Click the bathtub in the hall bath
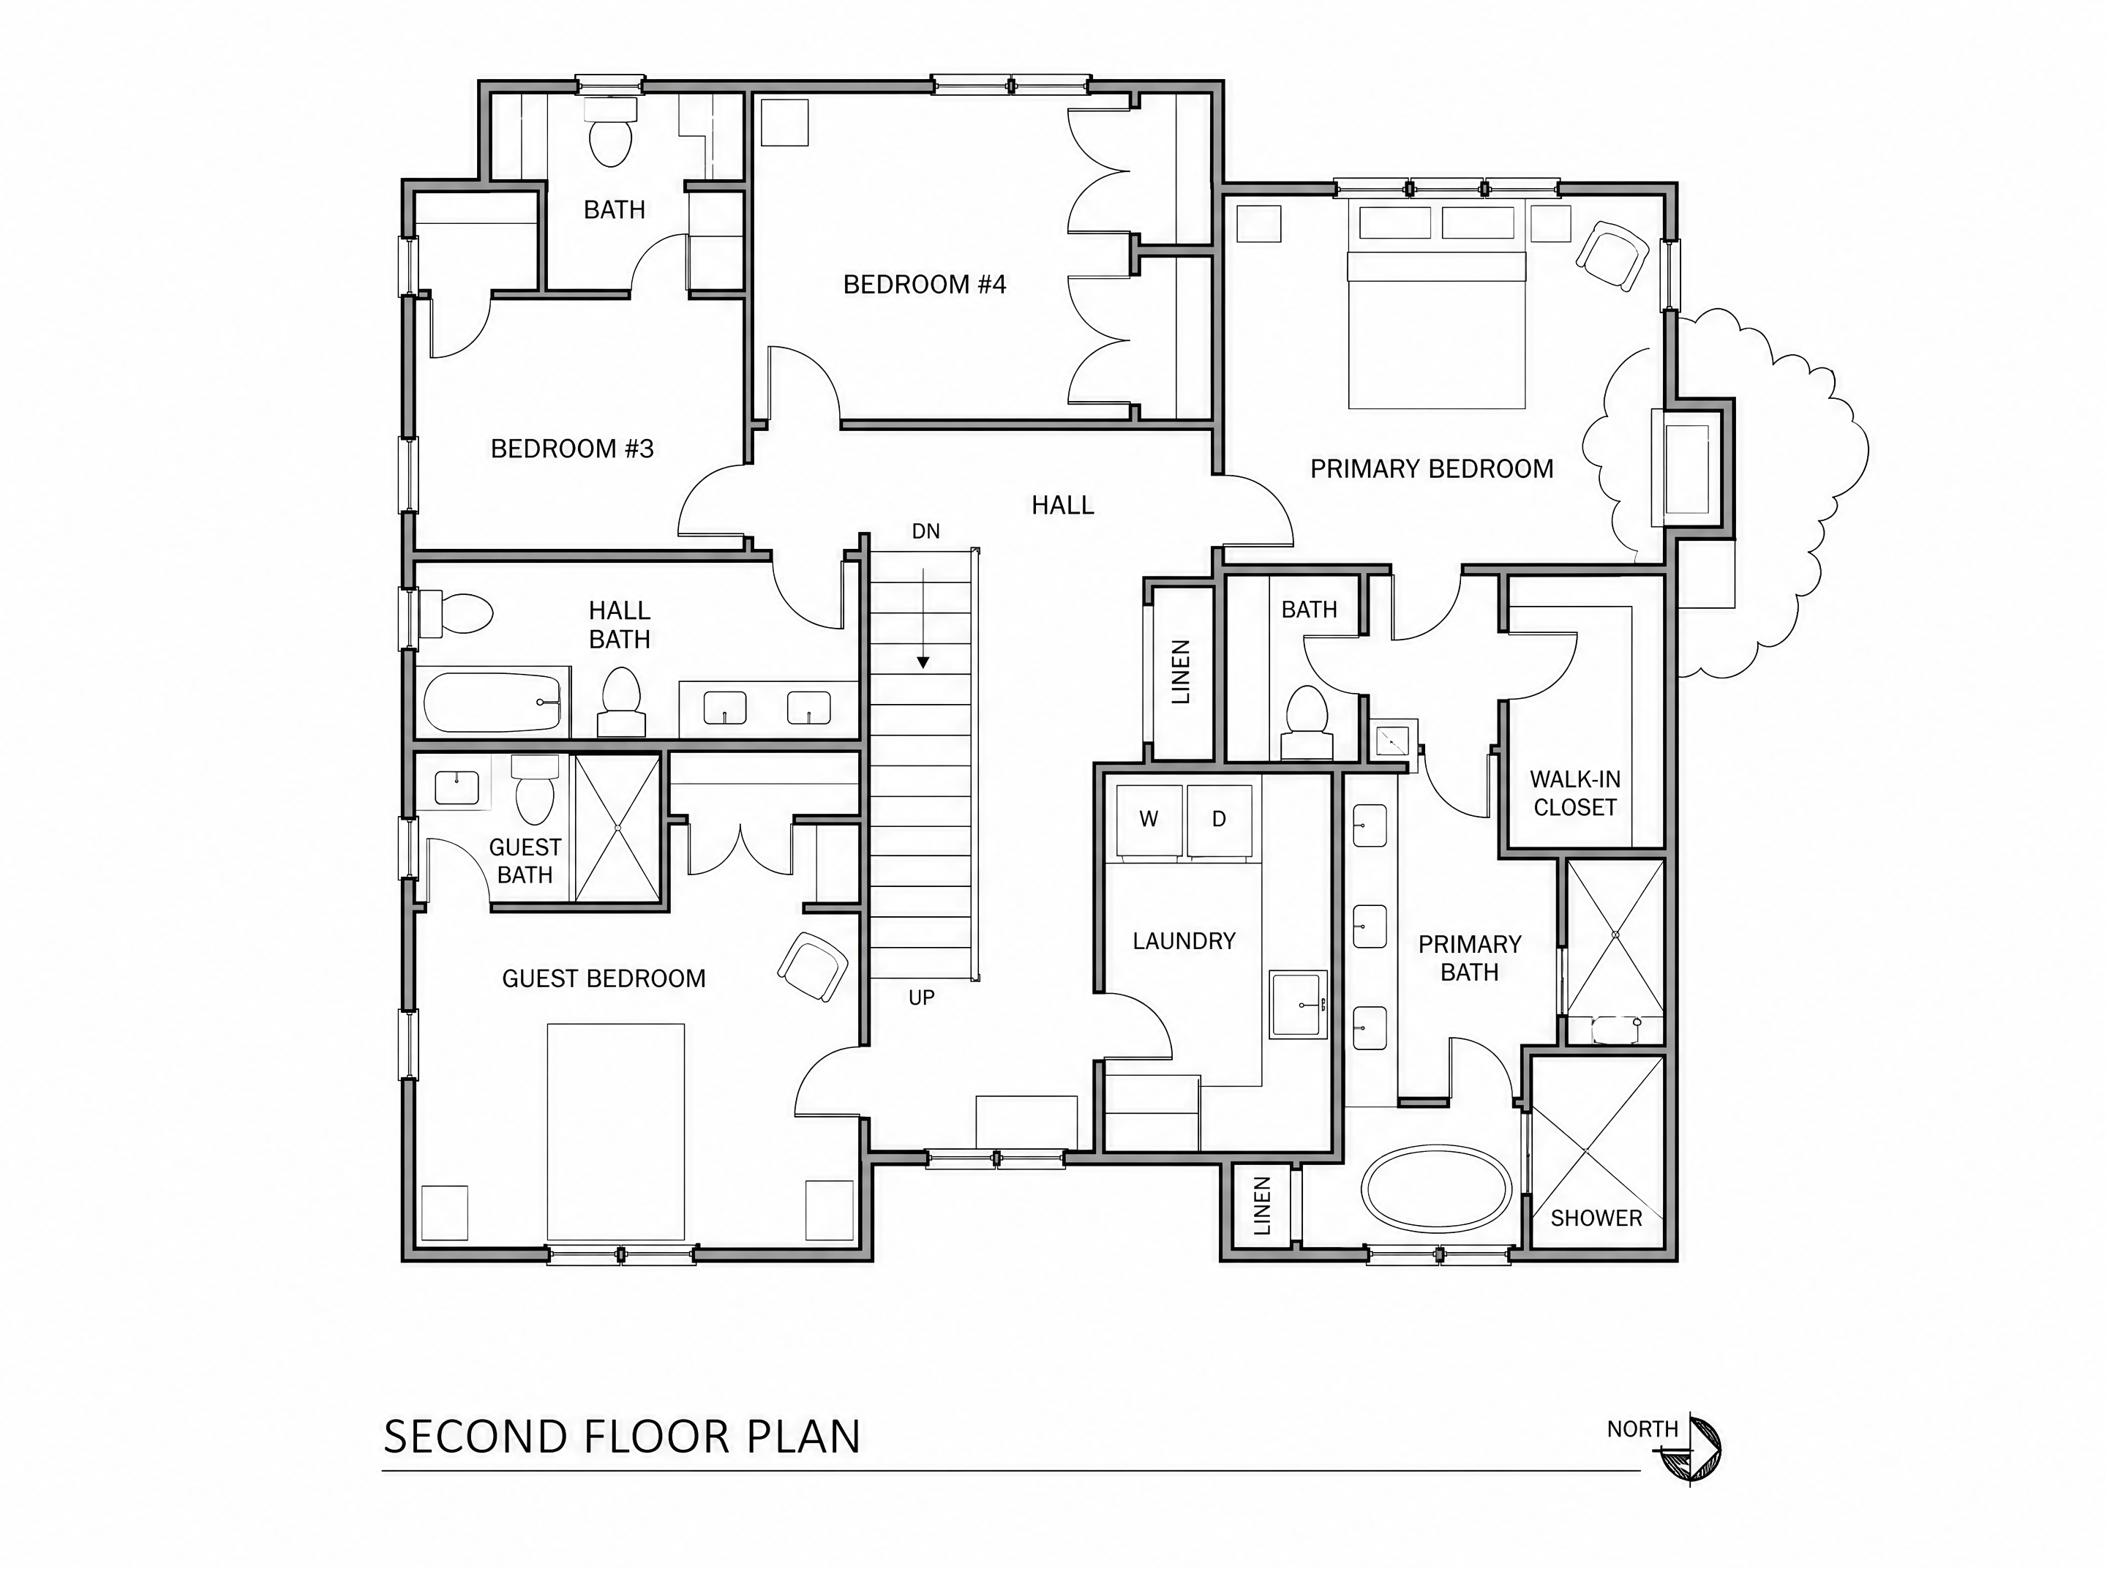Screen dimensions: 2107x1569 point(493,701)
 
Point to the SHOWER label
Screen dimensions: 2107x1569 point(1596,1218)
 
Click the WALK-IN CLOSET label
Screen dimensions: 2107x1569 point(1575,793)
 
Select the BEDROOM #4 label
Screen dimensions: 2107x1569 point(924,284)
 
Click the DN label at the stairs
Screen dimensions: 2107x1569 point(925,531)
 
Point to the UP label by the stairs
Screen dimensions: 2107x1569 point(921,997)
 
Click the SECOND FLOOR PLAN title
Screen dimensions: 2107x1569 point(622,1437)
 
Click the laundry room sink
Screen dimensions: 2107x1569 point(1298,1004)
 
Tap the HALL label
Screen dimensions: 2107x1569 point(1062,505)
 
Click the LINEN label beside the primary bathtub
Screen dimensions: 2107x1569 point(1262,1206)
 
